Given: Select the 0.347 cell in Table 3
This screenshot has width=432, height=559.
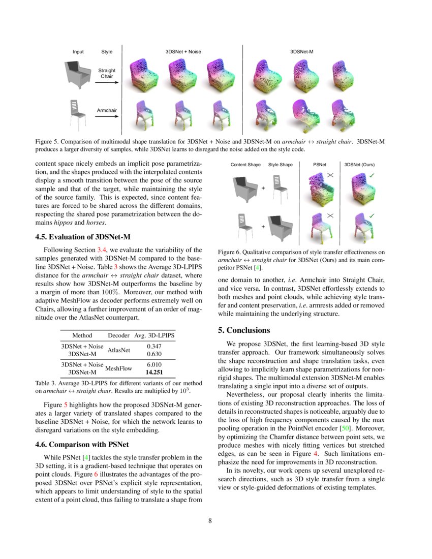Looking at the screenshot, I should (x=154, y=346).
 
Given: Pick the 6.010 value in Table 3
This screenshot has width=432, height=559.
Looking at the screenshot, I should (x=154, y=364).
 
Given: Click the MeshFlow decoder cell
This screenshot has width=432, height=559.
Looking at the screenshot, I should (x=119, y=368).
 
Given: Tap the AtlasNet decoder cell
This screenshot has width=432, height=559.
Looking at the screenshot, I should (x=119, y=350).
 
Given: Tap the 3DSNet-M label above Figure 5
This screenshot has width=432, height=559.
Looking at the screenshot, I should (x=301, y=52).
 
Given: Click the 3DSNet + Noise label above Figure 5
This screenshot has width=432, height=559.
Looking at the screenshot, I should (x=183, y=52).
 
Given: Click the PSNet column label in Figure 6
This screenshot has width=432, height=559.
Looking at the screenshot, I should (x=319, y=165).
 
